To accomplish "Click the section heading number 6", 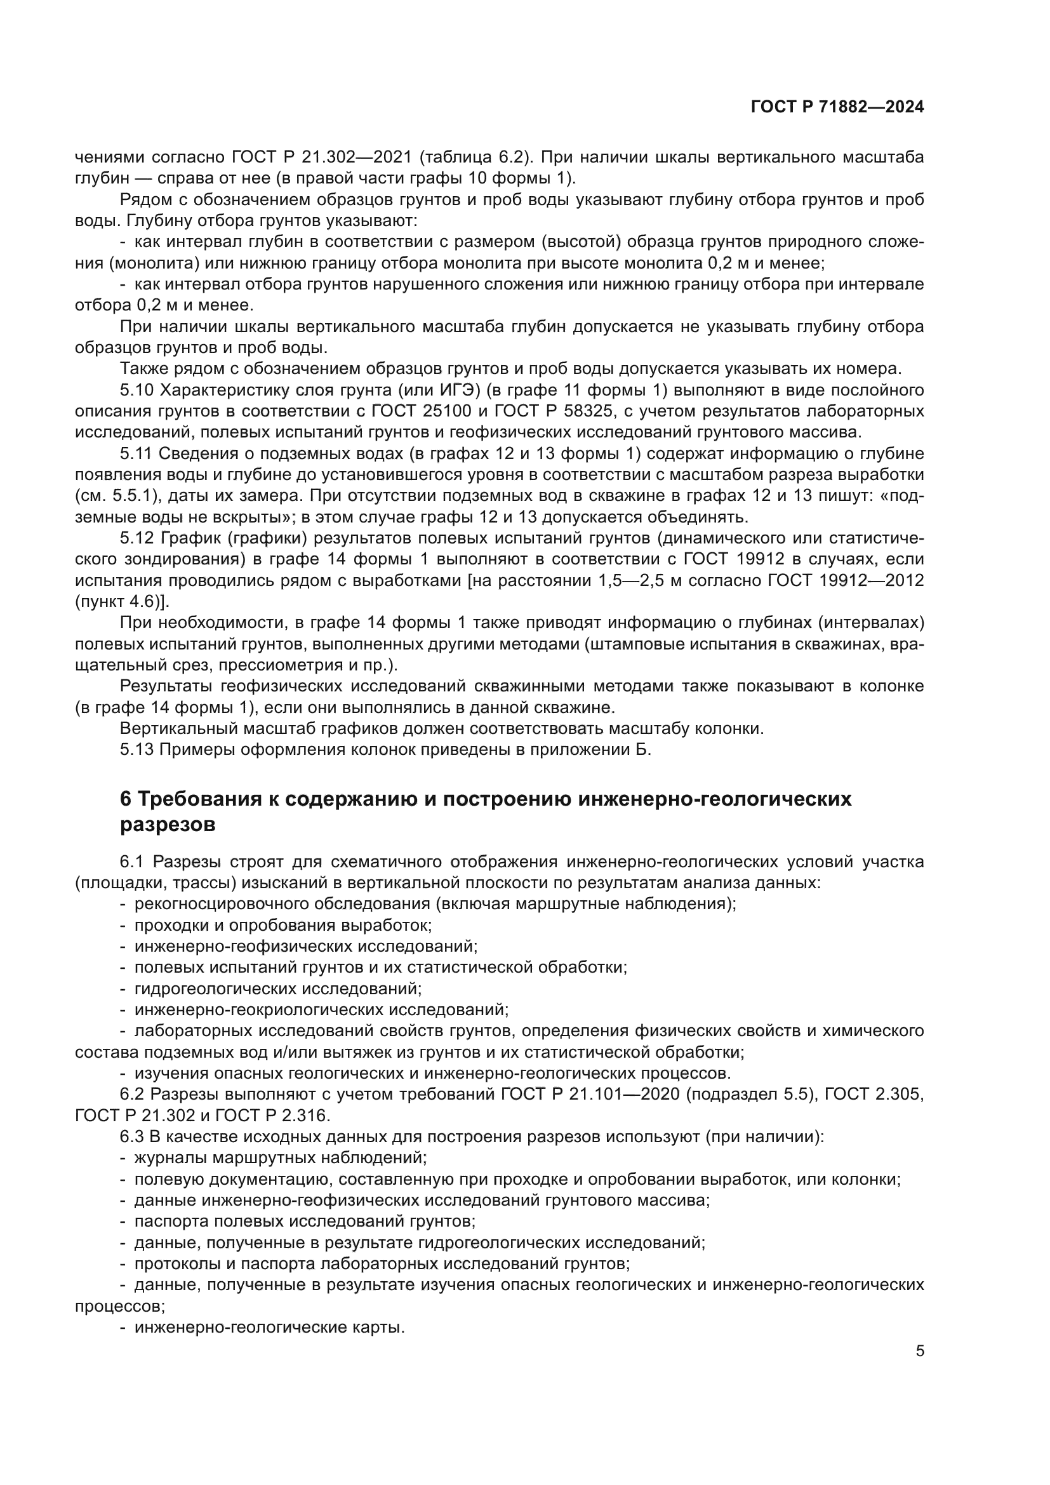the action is pos(126,800).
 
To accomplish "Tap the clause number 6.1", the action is pos(132,862).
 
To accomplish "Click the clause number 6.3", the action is pos(132,1136).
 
